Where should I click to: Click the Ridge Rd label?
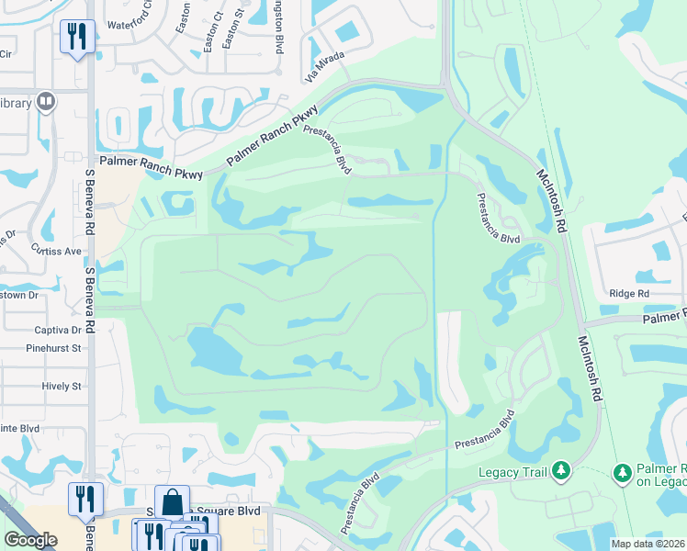point(629,294)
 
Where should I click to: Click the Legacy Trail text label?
point(512,472)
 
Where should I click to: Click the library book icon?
point(45,101)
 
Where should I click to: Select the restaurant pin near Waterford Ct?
point(75,37)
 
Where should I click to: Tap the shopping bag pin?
point(172,501)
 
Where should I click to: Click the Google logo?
point(30,540)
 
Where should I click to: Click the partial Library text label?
point(17,103)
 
